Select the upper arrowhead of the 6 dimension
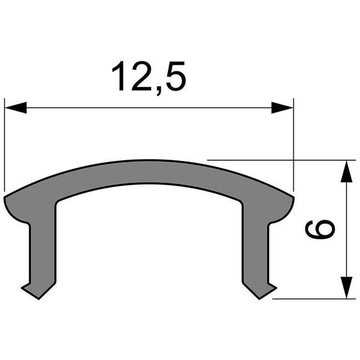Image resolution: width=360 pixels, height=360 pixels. pyautogui.click(x=346, y=172)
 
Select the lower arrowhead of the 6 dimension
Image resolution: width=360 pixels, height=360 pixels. pyautogui.click(x=346, y=287)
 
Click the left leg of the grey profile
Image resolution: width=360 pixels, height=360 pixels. pyautogui.click(x=42, y=246)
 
